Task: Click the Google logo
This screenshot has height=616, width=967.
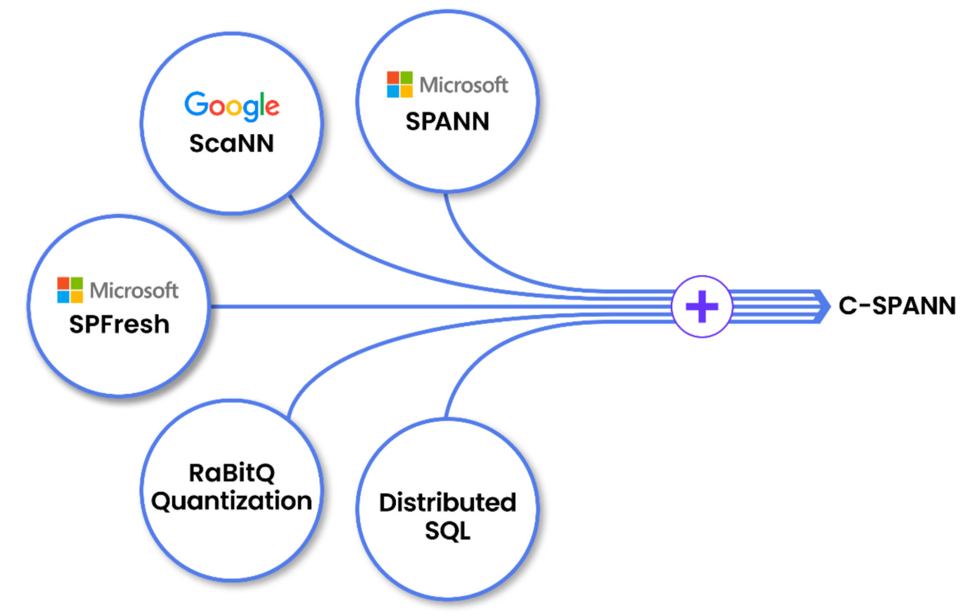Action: pos(232,105)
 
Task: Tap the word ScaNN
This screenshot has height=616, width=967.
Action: pos(232,144)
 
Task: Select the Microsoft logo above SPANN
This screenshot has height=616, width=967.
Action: pos(447,85)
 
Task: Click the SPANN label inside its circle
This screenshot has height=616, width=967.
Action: pos(447,121)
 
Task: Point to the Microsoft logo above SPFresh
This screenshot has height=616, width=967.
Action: pos(118,290)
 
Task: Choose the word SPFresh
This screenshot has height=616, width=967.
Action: pos(119,324)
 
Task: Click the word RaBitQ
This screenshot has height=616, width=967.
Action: pos(232,473)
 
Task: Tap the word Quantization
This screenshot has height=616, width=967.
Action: pos(232,501)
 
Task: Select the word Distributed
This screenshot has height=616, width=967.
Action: pos(447,502)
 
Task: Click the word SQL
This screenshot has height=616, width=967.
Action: pos(447,531)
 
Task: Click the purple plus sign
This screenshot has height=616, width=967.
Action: pos(702,307)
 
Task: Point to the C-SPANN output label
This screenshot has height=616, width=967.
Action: pos(897,306)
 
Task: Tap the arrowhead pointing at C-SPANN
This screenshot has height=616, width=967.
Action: pos(822,306)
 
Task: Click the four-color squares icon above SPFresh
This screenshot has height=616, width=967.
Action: pos(70,290)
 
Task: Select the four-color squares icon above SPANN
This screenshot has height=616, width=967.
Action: pos(400,85)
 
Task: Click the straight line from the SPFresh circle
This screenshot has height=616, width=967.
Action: pos(387,307)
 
